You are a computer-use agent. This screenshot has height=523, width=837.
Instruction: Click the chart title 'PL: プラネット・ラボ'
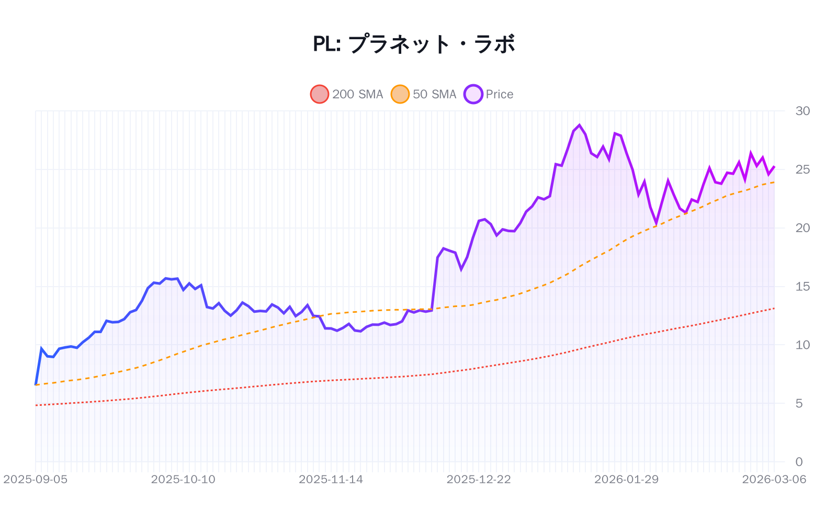[414, 44]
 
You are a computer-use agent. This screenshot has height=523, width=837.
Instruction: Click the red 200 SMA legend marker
[319, 94]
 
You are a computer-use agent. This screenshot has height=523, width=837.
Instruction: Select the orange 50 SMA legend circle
[400, 94]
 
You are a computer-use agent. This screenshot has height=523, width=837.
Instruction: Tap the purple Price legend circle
[473, 94]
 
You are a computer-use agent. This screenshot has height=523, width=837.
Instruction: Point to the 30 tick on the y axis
[802, 111]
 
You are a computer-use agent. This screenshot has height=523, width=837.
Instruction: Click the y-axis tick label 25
[802, 169]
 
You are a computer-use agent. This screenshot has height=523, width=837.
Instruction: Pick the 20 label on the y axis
[802, 228]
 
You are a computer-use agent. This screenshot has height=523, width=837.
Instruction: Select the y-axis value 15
[802, 287]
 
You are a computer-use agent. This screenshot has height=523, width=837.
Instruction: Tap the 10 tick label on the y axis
[802, 345]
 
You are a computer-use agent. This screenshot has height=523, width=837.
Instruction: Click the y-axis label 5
[799, 404]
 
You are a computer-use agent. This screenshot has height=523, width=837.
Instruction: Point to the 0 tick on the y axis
[799, 462]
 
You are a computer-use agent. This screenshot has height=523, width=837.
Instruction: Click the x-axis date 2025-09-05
[36, 480]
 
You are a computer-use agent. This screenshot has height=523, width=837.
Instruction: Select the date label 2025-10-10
[183, 480]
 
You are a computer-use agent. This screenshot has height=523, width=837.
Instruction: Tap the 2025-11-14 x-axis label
[331, 480]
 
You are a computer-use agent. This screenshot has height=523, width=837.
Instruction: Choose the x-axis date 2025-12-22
[479, 480]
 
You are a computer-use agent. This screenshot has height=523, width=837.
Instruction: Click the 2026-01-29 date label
[626, 480]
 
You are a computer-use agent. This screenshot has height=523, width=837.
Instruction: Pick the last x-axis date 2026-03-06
[774, 480]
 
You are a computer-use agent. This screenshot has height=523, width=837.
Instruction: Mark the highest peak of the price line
[579, 125]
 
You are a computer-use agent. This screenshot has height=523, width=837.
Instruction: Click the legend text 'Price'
[500, 94]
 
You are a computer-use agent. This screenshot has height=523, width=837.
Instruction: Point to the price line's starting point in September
[36, 384]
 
